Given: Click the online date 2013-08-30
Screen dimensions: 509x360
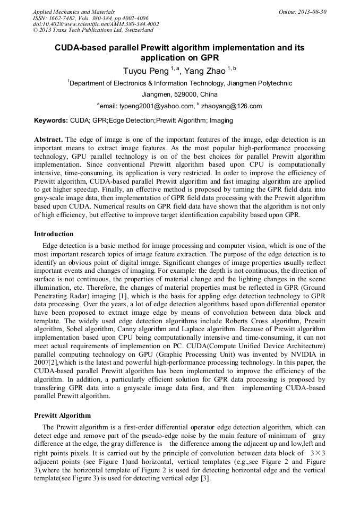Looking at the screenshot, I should tap(313, 12).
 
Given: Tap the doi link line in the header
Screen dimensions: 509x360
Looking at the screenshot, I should tap(96, 24).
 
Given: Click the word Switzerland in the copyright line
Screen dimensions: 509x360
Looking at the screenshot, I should tap(136, 30).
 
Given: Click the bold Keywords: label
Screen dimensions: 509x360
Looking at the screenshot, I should tap(51, 120).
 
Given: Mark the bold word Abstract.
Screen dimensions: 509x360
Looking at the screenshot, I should tap(49, 140).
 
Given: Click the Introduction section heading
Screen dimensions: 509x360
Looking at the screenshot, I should tap(54, 234).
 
